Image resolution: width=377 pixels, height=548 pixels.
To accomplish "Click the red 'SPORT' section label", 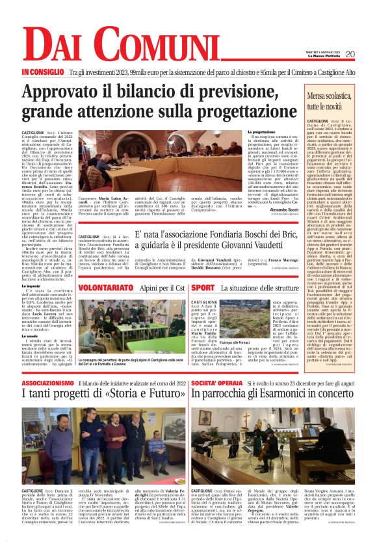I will click(x=203, y=287).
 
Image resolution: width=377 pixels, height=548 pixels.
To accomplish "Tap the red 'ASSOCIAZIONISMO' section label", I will click(x=47, y=383).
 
